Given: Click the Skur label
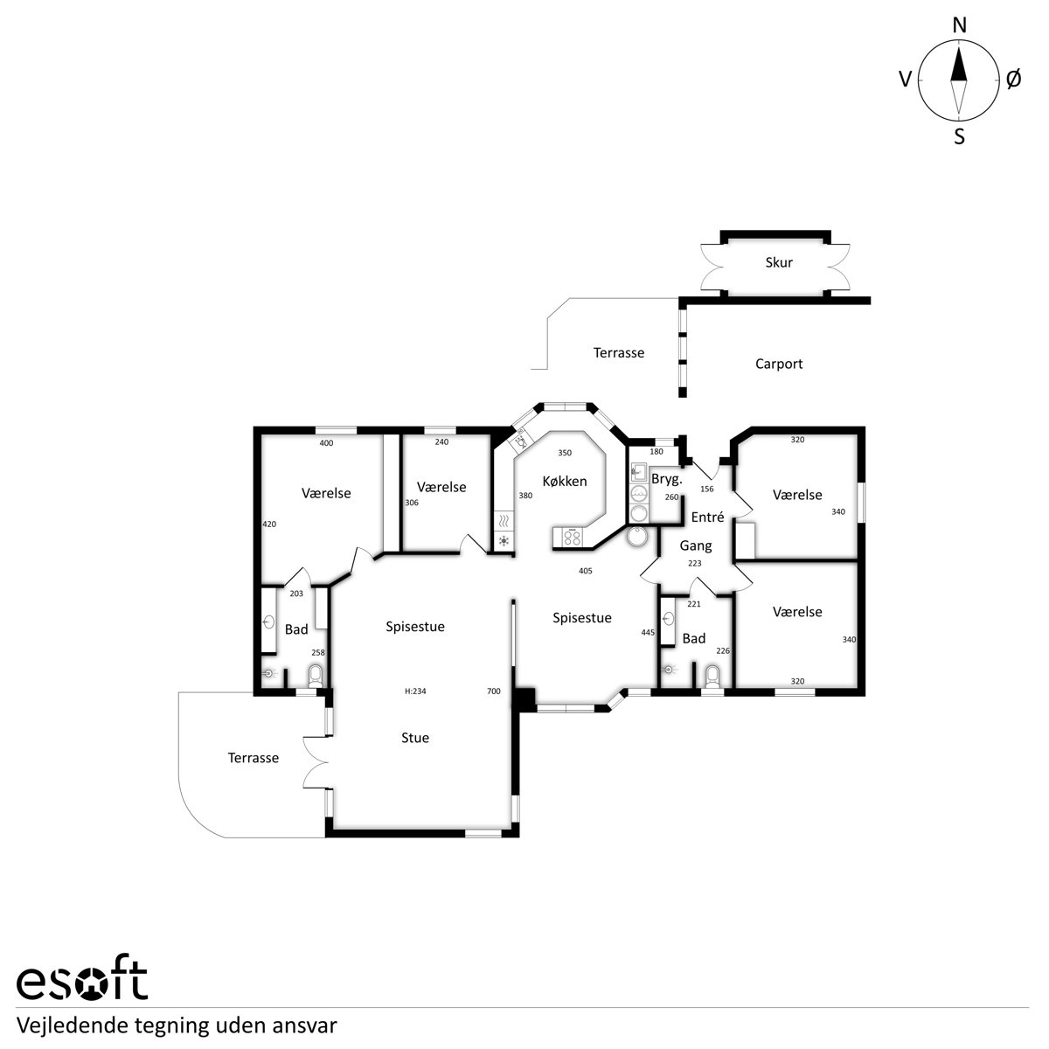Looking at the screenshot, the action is (779, 262).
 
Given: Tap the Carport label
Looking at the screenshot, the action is (779, 365).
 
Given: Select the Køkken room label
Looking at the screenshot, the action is (565, 481).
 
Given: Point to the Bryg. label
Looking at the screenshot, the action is (666, 479).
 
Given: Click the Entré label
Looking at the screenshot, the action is (707, 517).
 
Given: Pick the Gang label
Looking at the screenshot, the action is (696, 545).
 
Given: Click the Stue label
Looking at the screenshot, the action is (415, 738).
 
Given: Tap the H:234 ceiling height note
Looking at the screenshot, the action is (415, 691).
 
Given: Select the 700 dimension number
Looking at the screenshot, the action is (493, 691).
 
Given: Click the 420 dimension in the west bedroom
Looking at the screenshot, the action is (269, 524).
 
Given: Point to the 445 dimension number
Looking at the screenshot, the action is (648, 633).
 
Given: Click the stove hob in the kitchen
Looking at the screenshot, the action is (572, 538).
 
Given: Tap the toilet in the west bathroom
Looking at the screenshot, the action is (316, 676).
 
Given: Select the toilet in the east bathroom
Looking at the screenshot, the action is (712, 677).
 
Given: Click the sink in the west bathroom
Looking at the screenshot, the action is (268, 622).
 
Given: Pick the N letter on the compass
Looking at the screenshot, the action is (959, 25).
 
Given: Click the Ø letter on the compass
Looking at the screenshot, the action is (1013, 80).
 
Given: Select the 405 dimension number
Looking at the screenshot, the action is (585, 571).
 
